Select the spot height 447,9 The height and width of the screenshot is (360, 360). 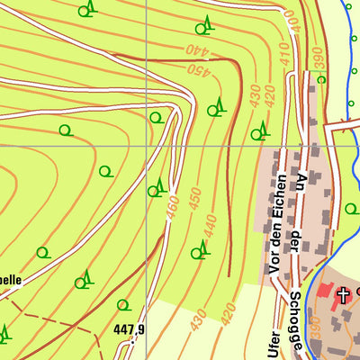pyautogui.click(x=129, y=329)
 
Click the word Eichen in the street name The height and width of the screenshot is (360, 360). pyautogui.click(x=279, y=181)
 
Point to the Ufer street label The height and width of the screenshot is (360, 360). pyautogui.click(x=274, y=342)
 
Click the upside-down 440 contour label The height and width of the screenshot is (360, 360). pyautogui.click(x=199, y=50)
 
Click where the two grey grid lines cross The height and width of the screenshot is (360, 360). pyautogui.click(x=148, y=145)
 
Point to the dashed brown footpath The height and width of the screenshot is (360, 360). pyautogui.click(x=54, y=319)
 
